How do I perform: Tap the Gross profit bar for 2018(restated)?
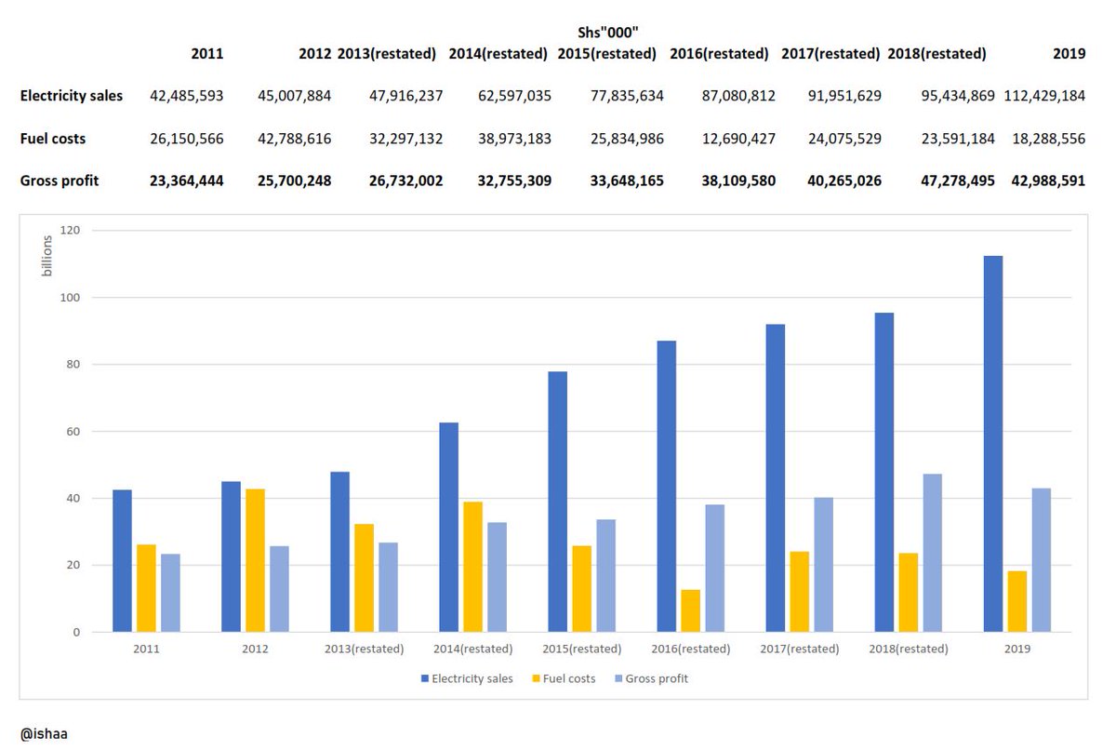coord(932,553)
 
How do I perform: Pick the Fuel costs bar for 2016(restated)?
coord(690,610)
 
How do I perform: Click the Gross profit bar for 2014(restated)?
coord(497,577)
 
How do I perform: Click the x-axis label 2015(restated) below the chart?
coord(581,649)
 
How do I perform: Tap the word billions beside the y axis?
coord(47,256)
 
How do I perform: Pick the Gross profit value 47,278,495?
coord(941,181)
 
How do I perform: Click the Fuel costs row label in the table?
coord(53,139)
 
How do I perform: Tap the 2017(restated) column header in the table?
coord(830,54)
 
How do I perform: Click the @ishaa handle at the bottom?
coord(44,733)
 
